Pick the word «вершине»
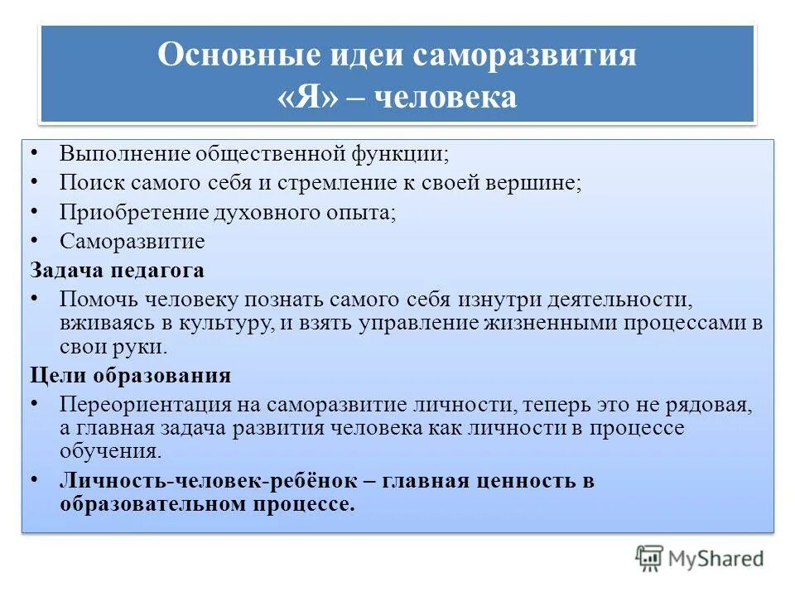coord(539,182)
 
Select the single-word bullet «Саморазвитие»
coord(132,241)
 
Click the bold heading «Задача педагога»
coord(118,270)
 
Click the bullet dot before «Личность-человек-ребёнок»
coord(36,479)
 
